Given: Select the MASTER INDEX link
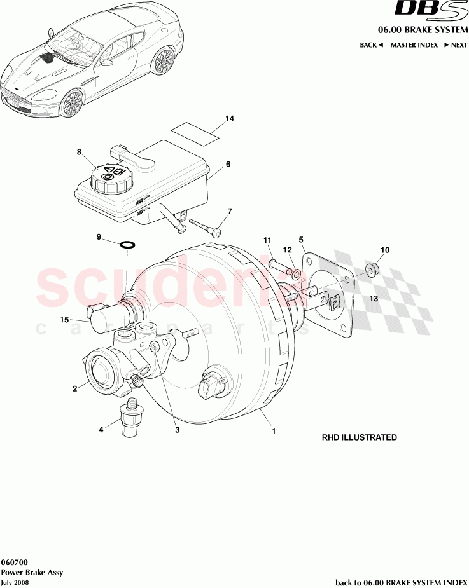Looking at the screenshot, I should click(x=414, y=45).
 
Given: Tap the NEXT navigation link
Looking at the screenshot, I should click(x=456, y=45).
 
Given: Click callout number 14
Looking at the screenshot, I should click(x=230, y=119).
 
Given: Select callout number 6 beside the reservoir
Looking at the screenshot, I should click(x=228, y=164).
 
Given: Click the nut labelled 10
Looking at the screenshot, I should click(x=373, y=270).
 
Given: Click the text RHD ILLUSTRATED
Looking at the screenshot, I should click(x=359, y=437).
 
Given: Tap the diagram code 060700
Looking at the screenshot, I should click(x=14, y=563).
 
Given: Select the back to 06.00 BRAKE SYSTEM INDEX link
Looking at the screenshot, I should click(x=401, y=582).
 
